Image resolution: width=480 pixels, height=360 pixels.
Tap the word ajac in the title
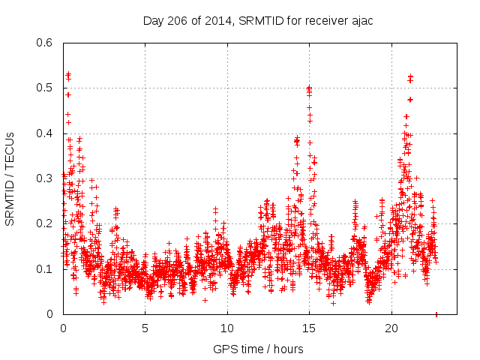pos(361,21)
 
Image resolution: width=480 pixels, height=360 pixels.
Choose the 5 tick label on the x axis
pos(145,328)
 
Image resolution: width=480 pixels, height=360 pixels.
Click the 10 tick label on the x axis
pos(227,328)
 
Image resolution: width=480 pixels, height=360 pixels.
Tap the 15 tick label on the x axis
pos(310,328)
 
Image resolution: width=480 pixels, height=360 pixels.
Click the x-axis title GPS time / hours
pos(258,349)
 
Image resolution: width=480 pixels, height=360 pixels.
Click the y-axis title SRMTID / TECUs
pos(10,178)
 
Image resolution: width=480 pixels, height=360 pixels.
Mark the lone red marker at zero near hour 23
pos(436,314)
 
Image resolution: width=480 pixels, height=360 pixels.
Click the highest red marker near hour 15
pos(309,88)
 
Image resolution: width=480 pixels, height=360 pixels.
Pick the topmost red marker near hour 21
pos(410,76)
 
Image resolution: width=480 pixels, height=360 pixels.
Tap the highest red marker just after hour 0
pos(68,74)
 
